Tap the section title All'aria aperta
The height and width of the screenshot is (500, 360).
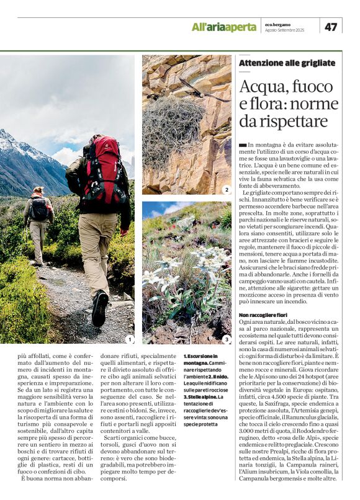(x=223, y=27)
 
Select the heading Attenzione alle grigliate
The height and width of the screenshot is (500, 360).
(x=287, y=63)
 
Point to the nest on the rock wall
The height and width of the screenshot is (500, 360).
(x=173, y=124)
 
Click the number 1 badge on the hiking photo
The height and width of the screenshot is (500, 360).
(x=129, y=339)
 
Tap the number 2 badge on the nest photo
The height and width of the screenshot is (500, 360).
(x=227, y=190)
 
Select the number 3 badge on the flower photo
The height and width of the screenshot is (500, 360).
(x=227, y=339)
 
